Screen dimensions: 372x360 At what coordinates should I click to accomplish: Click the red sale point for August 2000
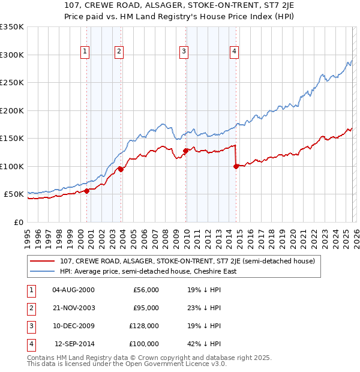[86, 191]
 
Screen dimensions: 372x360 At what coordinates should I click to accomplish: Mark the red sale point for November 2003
[121, 169]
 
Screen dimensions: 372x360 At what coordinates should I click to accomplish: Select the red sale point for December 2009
[185, 151]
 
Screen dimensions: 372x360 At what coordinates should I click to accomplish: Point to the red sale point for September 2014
[236, 166]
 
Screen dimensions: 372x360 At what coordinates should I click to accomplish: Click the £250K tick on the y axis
[12, 83]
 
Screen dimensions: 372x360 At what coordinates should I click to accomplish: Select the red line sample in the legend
[43, 261]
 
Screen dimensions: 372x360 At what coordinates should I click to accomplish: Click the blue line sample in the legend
[43, 271]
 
